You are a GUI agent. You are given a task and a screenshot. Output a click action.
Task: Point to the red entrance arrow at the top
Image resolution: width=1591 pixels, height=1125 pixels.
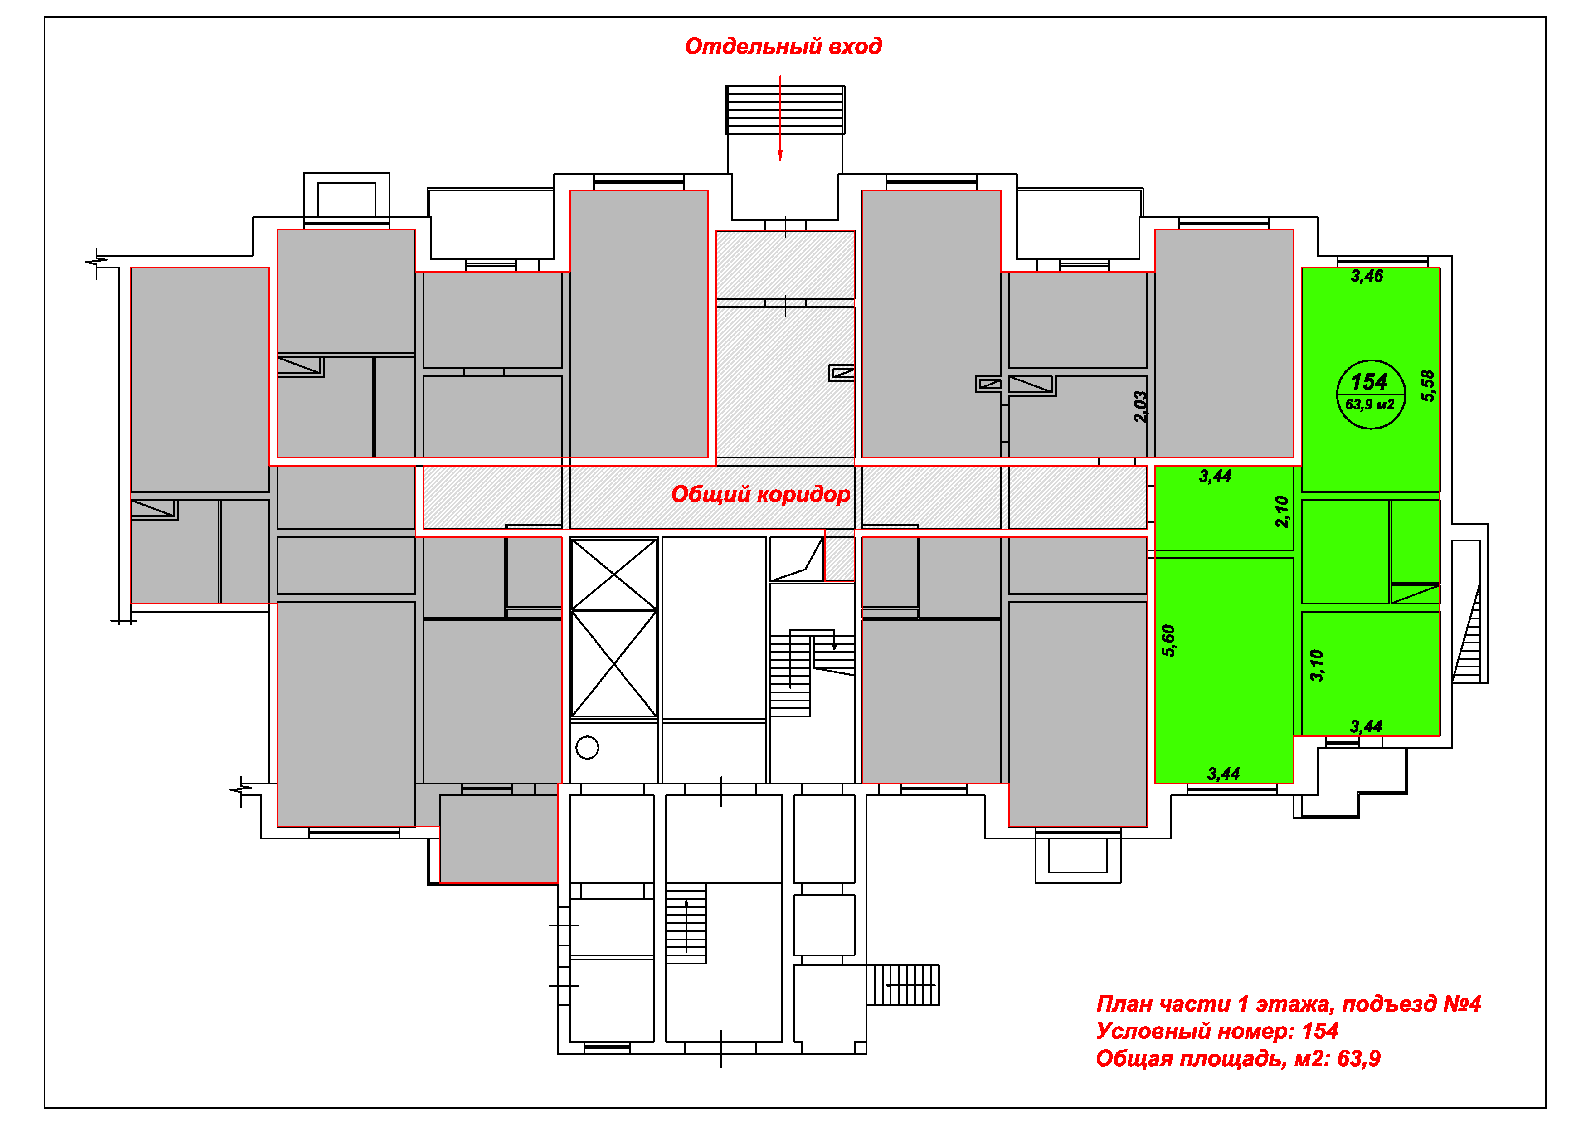(x=780, y=118)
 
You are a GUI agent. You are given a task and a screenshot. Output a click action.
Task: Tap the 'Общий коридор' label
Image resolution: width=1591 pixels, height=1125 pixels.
(x=760, y=494)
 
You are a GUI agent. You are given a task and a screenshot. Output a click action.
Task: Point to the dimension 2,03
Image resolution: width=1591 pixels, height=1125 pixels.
(x=1141, y=407)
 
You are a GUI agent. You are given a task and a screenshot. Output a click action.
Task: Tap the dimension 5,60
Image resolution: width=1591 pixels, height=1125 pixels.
(x=1168, y=640)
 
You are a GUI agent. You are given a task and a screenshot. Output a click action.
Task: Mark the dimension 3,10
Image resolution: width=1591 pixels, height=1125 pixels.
(x=1317, y=666)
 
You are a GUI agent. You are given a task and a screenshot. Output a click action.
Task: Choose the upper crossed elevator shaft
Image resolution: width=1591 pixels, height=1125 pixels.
(x=614, y=574)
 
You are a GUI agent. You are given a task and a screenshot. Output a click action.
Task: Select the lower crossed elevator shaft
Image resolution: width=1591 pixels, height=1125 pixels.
(x=614, y=663)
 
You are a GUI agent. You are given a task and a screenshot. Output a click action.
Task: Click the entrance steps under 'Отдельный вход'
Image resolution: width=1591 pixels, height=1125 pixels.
(x=785, y=110)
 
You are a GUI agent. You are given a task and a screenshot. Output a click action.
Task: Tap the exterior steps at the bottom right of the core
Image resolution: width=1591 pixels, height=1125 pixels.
(x=903, y=985)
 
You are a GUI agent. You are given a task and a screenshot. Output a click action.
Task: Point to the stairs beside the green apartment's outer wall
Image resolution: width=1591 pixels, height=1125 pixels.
(x=1466, y=633)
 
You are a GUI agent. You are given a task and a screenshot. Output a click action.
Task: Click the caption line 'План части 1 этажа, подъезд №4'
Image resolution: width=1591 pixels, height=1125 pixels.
(x=1288, y=1003)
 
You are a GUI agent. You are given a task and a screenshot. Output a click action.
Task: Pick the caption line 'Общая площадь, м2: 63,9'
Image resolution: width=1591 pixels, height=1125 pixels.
(x=1238, y=1058)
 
